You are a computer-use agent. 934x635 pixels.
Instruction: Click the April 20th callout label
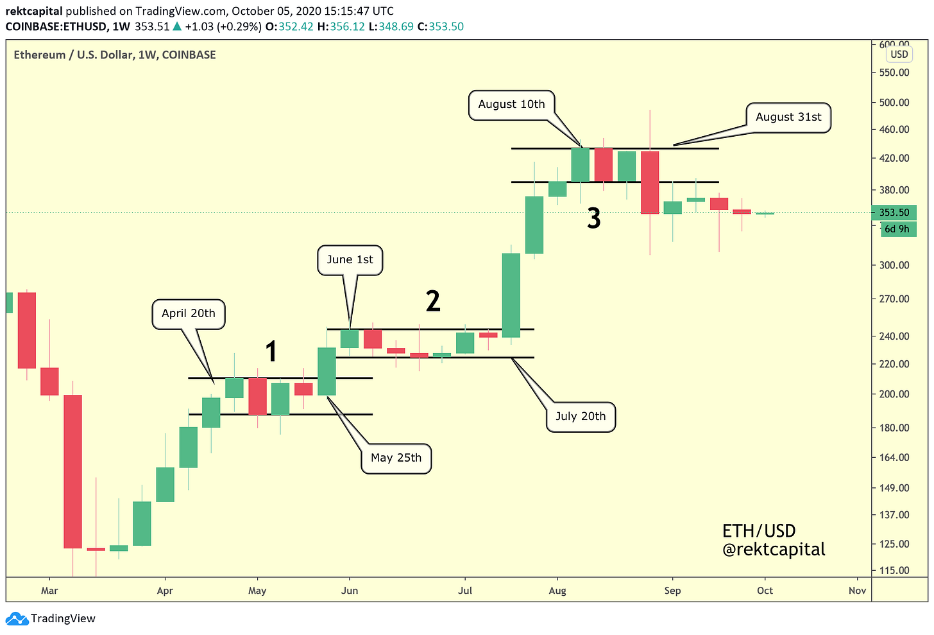189,314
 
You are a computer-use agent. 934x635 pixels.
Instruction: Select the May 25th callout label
396,458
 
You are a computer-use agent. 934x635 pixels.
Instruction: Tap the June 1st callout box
350,260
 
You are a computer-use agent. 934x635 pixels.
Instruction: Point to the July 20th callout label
581,417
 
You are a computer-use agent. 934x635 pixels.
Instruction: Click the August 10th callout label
511,105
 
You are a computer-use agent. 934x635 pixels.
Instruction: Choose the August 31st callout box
788,117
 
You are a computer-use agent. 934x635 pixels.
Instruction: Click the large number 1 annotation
271,352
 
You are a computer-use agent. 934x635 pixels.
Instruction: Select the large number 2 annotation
433,301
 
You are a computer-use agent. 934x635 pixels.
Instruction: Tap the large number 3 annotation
594,219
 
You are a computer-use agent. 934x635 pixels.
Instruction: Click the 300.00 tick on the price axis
894,265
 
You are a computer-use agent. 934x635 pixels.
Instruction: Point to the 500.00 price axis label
894,103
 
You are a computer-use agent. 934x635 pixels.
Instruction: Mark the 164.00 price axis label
894,458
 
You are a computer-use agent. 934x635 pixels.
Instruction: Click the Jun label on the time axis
349,591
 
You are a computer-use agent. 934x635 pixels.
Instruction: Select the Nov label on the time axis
857,591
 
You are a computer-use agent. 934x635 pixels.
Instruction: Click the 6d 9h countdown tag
897,229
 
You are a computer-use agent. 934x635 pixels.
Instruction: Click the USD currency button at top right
899,55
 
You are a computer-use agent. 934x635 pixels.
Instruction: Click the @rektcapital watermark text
774,550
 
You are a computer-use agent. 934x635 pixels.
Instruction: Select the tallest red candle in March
72,471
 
